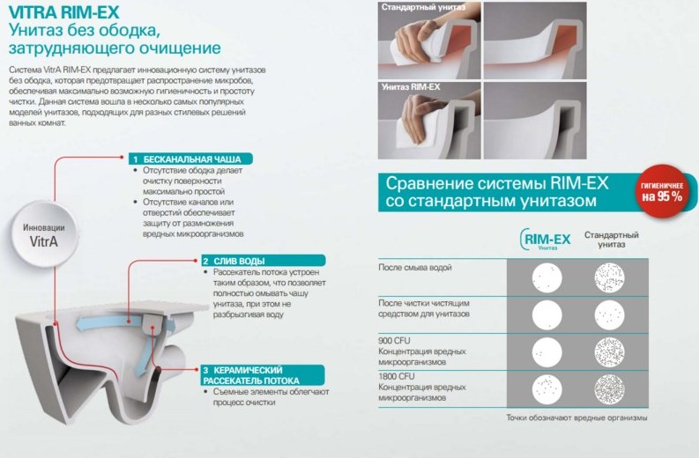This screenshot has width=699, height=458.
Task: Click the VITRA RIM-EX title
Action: [x=63, y=12]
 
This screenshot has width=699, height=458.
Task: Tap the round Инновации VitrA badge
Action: [x=44, y=234]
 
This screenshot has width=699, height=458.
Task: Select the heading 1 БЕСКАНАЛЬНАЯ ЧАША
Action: [x=190, y=159]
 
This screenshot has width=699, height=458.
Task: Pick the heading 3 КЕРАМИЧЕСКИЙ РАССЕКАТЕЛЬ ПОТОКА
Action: [x=262, y=375]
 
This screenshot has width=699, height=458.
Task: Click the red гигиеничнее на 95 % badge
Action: [x=662, y=191]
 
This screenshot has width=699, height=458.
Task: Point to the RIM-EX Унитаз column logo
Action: [x=546, y=240]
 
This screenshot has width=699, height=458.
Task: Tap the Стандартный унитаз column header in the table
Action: [x=611, y=240]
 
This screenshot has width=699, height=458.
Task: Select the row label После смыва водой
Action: [x=415, y=268]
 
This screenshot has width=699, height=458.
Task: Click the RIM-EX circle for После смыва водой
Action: [x=547, y=278]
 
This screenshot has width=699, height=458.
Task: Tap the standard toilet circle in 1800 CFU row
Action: [x=609, y=389]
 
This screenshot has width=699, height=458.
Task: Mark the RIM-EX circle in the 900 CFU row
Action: [x=547, y=352]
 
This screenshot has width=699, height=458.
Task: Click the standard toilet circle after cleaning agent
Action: [x=609, y=315]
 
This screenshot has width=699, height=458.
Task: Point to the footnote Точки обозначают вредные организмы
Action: [x=576, y=417]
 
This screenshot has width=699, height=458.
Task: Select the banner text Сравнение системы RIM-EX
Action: [x=497, y=183]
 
